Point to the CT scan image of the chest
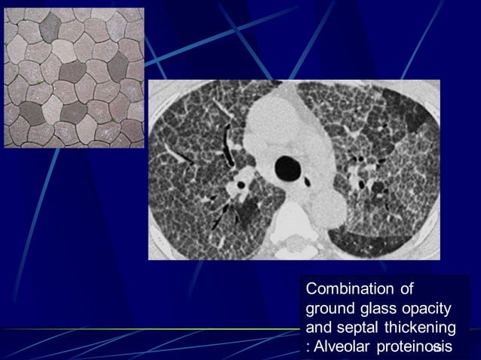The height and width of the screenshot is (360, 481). tap(294, 170)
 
